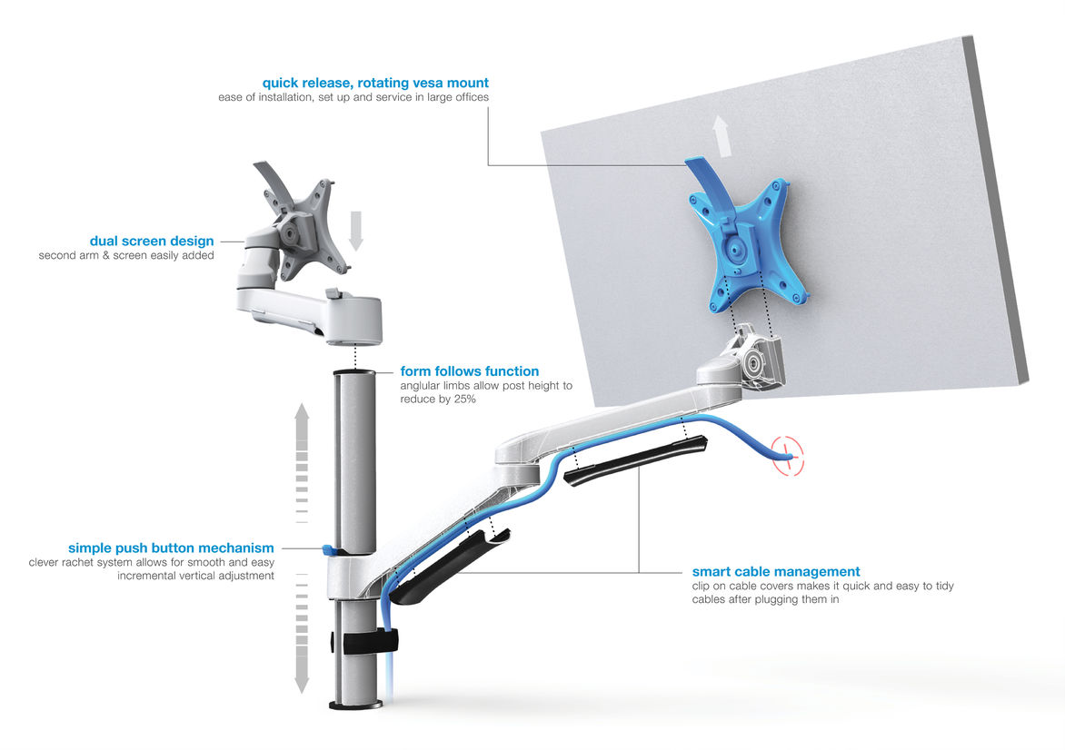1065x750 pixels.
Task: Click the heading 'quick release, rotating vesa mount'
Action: (375, 83)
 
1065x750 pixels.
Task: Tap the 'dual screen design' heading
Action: (152, 241)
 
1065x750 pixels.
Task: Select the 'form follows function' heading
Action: (469, 371)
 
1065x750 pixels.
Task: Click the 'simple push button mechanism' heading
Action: (171, 548)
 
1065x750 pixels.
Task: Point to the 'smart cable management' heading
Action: (776, 571)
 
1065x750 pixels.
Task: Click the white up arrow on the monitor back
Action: (722, 136)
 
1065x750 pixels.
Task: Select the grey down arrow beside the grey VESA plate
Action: (356, 231)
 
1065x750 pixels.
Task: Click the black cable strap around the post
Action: (369, 641)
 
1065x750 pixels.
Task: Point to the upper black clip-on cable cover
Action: (636, 460)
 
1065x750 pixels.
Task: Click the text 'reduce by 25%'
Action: (438, 400)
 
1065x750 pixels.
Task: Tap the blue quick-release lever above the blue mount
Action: (709, 182)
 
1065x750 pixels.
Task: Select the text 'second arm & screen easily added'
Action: (126, 256)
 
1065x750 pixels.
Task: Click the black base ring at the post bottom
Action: (355, 705)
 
